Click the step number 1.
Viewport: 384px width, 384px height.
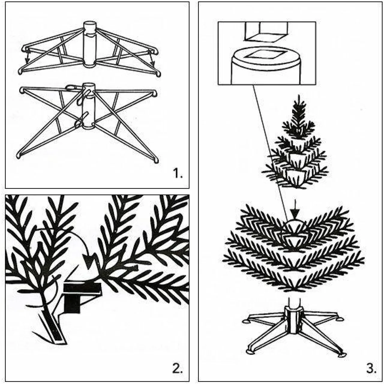coord(177,173)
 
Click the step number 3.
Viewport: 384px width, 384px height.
coord(371,368)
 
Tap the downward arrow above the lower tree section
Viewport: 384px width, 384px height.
coord(295,214)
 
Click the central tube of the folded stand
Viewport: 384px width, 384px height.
coord(89,45)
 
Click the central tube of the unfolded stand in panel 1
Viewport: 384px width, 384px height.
coord(88,108)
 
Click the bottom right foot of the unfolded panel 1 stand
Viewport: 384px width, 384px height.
coord(156,161)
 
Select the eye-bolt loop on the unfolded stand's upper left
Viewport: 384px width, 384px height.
coord(70,88)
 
